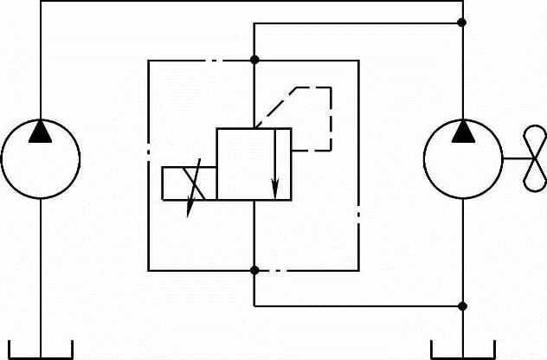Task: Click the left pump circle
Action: [40, 159]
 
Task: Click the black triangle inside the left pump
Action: [40, 131]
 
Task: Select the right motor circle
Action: [462, 159]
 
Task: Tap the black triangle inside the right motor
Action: [462, 131]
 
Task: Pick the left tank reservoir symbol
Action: [40, 350]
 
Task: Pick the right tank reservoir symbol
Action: [462, 350]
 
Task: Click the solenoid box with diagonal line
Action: [189, 183]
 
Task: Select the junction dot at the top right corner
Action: [462, 22]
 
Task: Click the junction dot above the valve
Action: [254, 60]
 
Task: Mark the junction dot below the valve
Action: [254, 270]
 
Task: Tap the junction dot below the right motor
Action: [462, 305]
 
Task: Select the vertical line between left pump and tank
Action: [40, 268]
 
